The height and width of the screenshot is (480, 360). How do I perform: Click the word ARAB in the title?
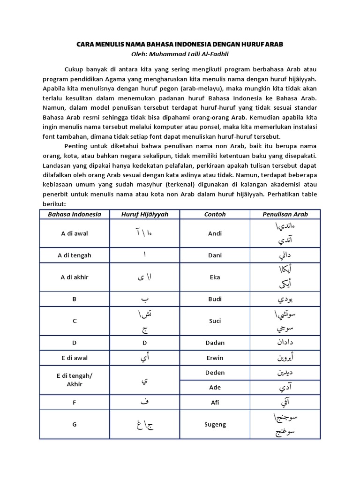(x=273, y=44)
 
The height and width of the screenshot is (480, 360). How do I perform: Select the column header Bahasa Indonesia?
(x=74, y=214)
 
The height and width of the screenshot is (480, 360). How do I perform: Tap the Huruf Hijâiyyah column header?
(x=144, y=214)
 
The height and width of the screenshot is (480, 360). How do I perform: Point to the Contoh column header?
(x=215, y=214)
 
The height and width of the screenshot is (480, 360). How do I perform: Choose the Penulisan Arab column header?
(x=285, y=214)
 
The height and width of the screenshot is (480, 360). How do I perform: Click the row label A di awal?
(x=74, y=233)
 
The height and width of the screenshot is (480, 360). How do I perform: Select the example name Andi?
(x=215, y=233)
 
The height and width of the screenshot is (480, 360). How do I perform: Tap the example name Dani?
(x=215, y=255)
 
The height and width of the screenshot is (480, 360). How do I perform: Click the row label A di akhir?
(x=74, y=277)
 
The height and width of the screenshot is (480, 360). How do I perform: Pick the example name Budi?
(x=215, y=299)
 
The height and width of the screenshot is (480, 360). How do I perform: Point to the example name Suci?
(x=215, y=321)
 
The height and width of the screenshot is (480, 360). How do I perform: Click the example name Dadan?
(x=215, y=343)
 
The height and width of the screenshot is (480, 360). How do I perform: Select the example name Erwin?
(x=215, y=358)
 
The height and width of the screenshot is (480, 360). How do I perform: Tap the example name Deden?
(x=215, y=373)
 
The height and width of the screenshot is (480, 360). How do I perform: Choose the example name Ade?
(x=215, y=387)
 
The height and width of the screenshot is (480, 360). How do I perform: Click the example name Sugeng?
(x=215, y=424)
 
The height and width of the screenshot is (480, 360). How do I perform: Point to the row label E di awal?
(x=74, y=358)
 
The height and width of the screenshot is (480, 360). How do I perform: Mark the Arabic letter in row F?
(x=144, y=402)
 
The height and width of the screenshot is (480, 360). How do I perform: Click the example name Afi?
(x=215, y=402)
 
